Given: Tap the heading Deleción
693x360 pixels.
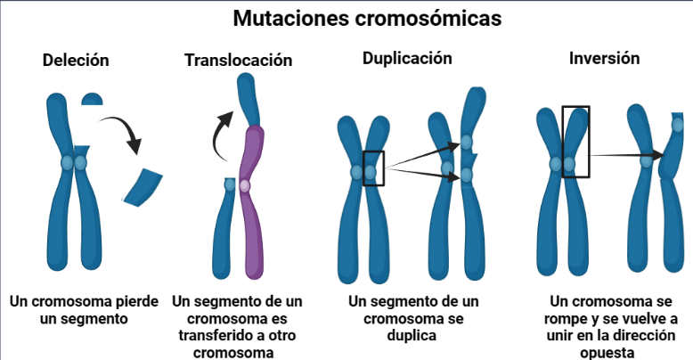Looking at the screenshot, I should [76, 61].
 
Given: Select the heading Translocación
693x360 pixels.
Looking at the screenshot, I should [239, 61].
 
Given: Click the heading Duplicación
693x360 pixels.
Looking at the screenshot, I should [407, 59].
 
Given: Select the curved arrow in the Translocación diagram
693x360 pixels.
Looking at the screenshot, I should [218, 134].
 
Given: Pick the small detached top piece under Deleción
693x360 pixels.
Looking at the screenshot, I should [93, 97].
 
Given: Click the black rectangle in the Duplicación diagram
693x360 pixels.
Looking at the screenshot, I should [374, 168].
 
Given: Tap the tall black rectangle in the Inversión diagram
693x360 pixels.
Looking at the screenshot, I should [575, 142].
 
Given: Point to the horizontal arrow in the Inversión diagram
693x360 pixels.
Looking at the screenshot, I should [627, 155].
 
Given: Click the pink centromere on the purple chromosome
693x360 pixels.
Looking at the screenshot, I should [245, 185].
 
